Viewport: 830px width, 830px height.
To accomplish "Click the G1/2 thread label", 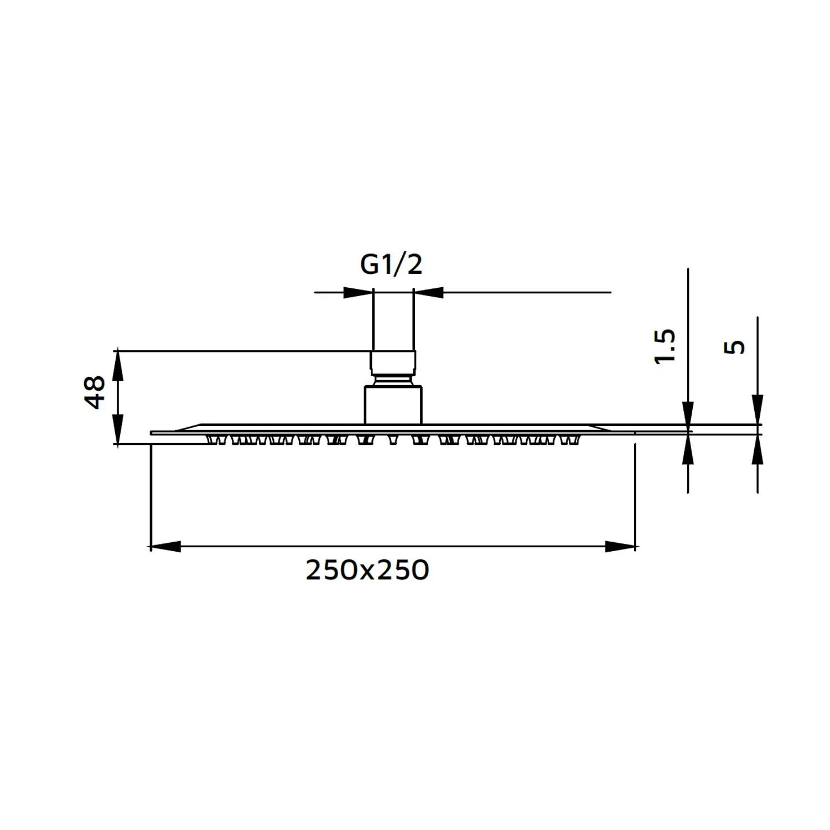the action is [391, 265].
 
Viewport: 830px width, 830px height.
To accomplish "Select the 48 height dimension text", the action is [95, 392].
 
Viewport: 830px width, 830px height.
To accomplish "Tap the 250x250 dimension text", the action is [367, 570].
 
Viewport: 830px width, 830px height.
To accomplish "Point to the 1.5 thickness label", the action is [665, 346].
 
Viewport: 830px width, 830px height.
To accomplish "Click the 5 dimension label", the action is [735, 347].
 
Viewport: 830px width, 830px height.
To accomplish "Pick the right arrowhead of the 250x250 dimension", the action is [620, 547].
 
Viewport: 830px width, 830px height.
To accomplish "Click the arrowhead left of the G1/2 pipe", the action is [358, 292].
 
